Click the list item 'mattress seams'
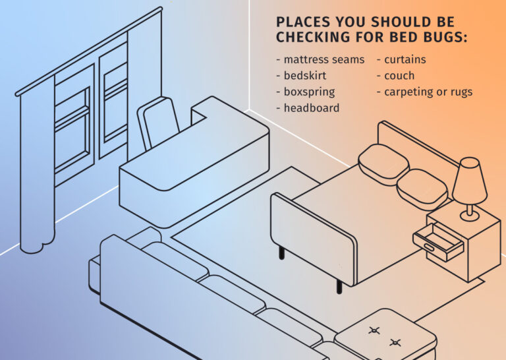[324, 60]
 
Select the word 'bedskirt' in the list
[305, 76]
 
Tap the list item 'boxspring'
[309, 92]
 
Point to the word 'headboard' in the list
[312, 108]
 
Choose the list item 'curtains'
[405, 60]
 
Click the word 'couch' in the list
[399, 76]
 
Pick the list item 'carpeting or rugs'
[428, 92]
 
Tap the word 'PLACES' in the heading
[303, 22]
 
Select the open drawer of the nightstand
[438, 242]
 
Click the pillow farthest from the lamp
[383, 165]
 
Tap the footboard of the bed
[313, 238]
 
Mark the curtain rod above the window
[89, 51]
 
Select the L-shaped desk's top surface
[194, 145]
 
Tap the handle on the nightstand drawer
[430, 248]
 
